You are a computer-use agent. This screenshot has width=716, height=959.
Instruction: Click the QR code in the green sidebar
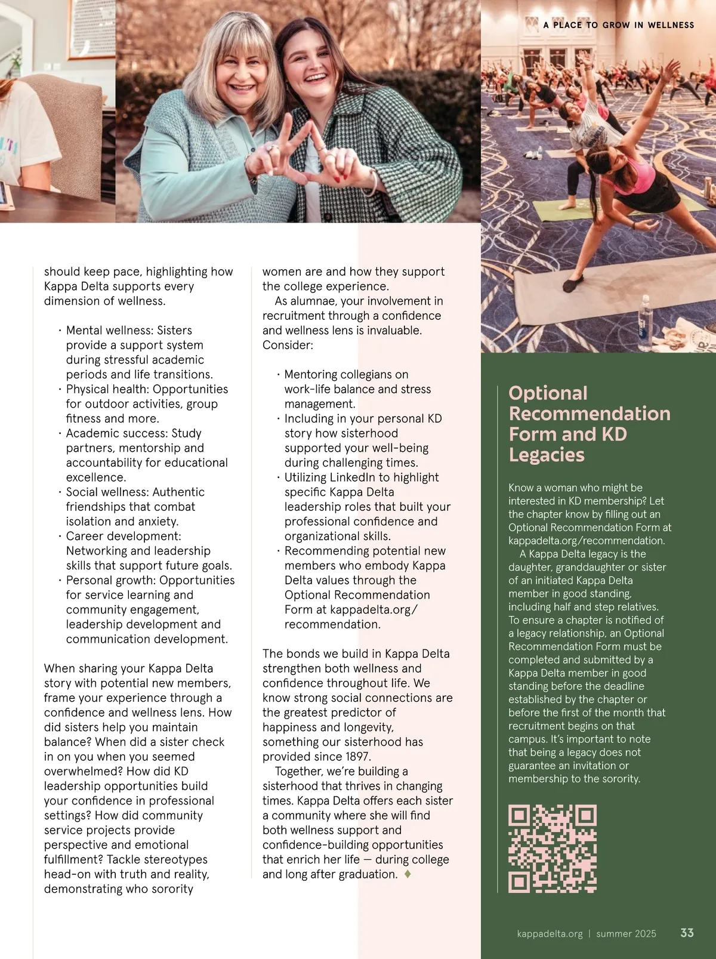tap(552, 848)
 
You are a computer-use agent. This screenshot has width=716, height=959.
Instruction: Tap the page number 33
tap(687, 933)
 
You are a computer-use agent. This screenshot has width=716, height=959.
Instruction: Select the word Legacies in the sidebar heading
tap(547, 455)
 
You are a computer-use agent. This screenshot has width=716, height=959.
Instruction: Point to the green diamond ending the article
tap(408, 874)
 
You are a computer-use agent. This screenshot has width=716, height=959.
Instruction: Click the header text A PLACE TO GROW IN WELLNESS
tap(619, 25)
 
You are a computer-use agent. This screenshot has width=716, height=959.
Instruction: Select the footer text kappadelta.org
tap(550, 934)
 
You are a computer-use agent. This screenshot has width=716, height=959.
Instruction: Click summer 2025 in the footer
tap(626, 934)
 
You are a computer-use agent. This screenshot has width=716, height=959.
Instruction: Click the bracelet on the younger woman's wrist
tap(373, 183)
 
